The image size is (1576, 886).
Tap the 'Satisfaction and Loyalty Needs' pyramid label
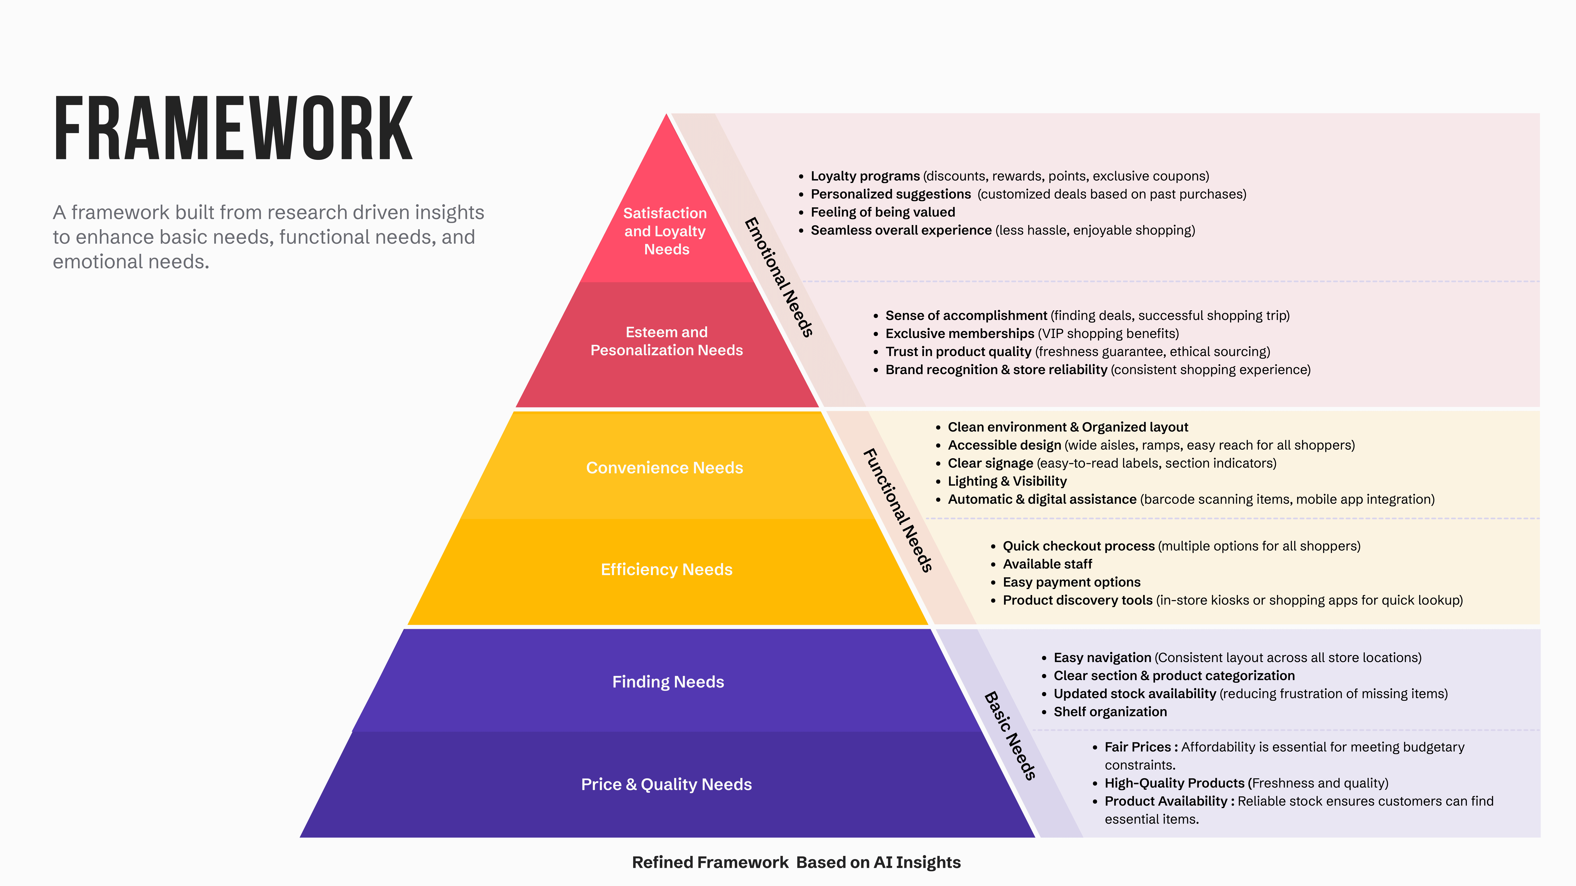[x=666, y=231]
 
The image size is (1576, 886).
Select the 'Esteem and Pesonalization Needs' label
[x=666, y=341]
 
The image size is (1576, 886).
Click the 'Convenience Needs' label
[x=664, y=468]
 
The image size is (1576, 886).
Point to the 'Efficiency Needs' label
[x=666, y=569]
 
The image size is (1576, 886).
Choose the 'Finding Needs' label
[x=668, y=682]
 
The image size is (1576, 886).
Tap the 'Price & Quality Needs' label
[x=666, y=784]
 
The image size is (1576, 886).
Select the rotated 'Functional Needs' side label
[x=898, y=510]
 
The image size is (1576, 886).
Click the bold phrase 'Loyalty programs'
[x=865, y=176]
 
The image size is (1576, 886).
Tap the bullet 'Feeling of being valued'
[x=883, y=212]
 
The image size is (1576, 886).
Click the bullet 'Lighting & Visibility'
[x=1007, y=481]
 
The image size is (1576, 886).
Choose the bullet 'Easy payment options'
[x=1071, y=582]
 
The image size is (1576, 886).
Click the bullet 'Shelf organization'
[x=1110, y=712]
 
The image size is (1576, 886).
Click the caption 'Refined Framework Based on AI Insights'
[x=796, y=862]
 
